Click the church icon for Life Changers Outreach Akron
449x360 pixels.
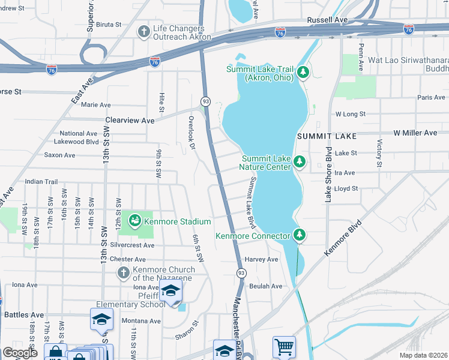click(143, 31)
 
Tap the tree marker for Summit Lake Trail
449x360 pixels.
click(303, 73)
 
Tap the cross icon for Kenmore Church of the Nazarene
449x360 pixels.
click(123, 273)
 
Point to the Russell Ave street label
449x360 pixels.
click(327, 20)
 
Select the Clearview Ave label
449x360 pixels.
click(130, 120)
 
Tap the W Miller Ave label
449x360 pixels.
click(415, 133)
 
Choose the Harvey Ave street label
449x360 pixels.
click(262, 259)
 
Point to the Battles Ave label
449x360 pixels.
click(24, 314)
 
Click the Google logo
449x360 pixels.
click(20, 353)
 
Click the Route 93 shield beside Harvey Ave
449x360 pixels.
click(241, 273)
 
